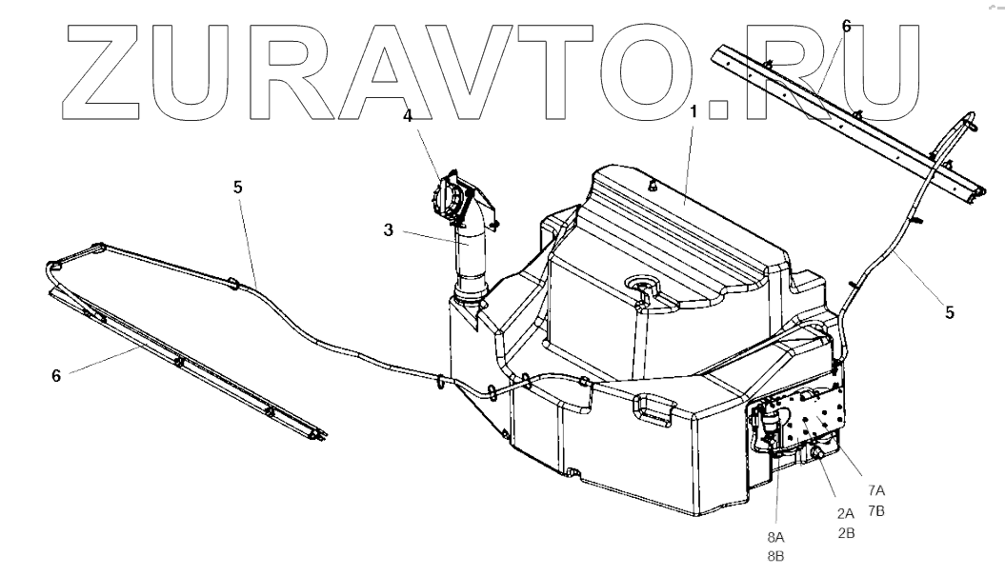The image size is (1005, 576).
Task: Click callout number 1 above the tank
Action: coord(694,111)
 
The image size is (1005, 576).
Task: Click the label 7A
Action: coord(875,490)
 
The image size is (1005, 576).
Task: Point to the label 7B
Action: coord(875,510)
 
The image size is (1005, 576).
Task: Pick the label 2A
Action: coord(846,513)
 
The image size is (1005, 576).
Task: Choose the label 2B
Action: coord(846,533)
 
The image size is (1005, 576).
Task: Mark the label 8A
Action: coord(775,536)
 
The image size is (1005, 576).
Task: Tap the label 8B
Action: coord(775,556)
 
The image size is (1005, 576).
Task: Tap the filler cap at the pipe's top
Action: coord(450,199)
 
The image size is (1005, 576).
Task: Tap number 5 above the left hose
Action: coord(238,187)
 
